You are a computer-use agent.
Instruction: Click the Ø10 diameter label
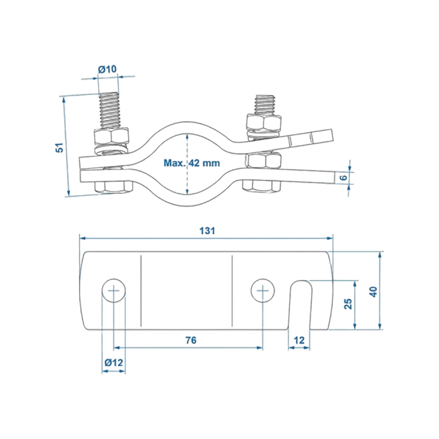click(107, 69)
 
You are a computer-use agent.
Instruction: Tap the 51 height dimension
click(59, 148)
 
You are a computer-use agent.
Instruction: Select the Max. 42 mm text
click(192, 163)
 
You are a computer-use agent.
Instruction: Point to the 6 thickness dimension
click(344, 177)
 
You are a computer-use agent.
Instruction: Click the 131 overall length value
click(207, 231)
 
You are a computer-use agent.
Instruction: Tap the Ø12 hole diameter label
click(114, 363)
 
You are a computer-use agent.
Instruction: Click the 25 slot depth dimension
click(348, 304)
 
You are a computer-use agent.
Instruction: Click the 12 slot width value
click(299, 341)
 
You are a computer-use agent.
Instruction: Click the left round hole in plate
click(114, 290)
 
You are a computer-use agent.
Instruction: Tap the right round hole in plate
click(263, 290)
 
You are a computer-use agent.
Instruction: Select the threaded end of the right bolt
click(265, 105)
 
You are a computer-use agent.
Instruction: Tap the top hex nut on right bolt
click(264, 123)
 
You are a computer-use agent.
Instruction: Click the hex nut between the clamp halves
click(263, 161)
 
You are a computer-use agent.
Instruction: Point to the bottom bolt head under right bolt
click(262, 185)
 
